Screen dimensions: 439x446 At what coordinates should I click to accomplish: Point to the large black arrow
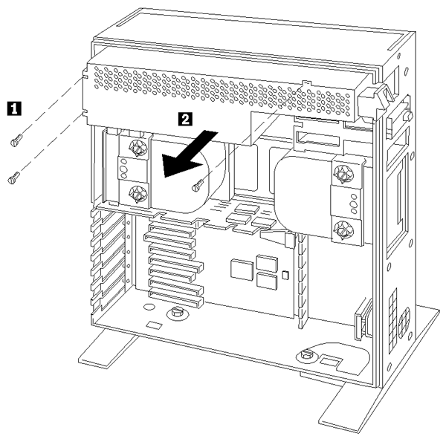coord(189,153)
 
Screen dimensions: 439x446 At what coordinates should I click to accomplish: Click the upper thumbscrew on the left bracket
coord(137,147)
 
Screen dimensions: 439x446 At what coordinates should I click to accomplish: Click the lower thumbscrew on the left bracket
coord(137,195)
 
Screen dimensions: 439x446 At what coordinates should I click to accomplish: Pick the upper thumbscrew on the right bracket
coord(343,175)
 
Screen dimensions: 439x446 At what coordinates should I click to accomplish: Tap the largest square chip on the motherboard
coord(242,268)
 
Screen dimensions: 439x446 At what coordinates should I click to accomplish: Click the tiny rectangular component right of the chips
coord(285,277)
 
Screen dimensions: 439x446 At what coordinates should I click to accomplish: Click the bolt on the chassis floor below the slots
coord(177,314)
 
